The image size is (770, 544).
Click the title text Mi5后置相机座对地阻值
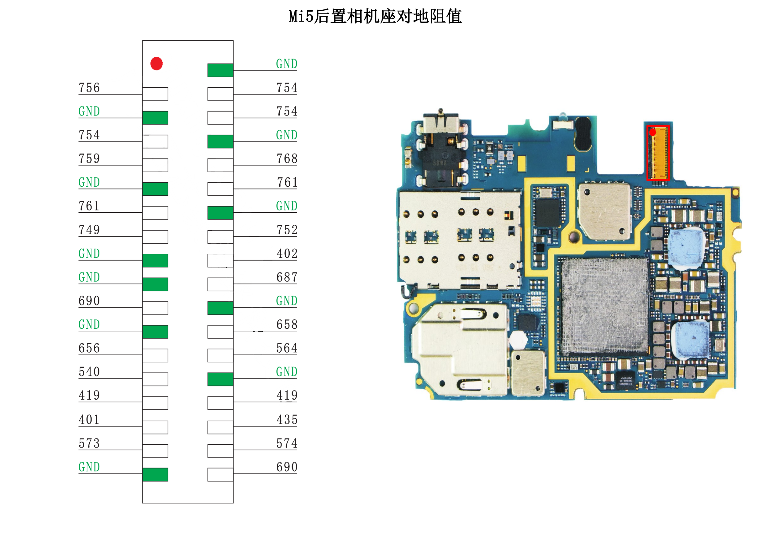[375, 16]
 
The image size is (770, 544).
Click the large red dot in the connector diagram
[157, 64]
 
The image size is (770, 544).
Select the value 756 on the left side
[89, 88]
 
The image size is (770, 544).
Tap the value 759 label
[89, 158]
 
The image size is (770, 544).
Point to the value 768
[287, 158]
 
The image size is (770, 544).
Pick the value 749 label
[89, 230]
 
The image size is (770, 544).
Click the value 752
[287, 230]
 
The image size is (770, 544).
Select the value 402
[287, 254]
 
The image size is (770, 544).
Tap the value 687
[287, 277]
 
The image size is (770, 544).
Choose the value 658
[287, 324]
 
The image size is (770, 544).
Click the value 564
[287, 348]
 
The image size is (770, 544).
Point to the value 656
[89, 348]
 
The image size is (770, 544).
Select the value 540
[89, 372]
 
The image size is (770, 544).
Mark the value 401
[89, 419]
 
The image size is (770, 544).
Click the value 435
[287, 419]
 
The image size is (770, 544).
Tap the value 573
[89, 443]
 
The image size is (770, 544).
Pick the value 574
[287, 443]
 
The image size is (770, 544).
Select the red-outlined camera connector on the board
[658, 153]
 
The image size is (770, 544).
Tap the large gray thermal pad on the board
[605, 306]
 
